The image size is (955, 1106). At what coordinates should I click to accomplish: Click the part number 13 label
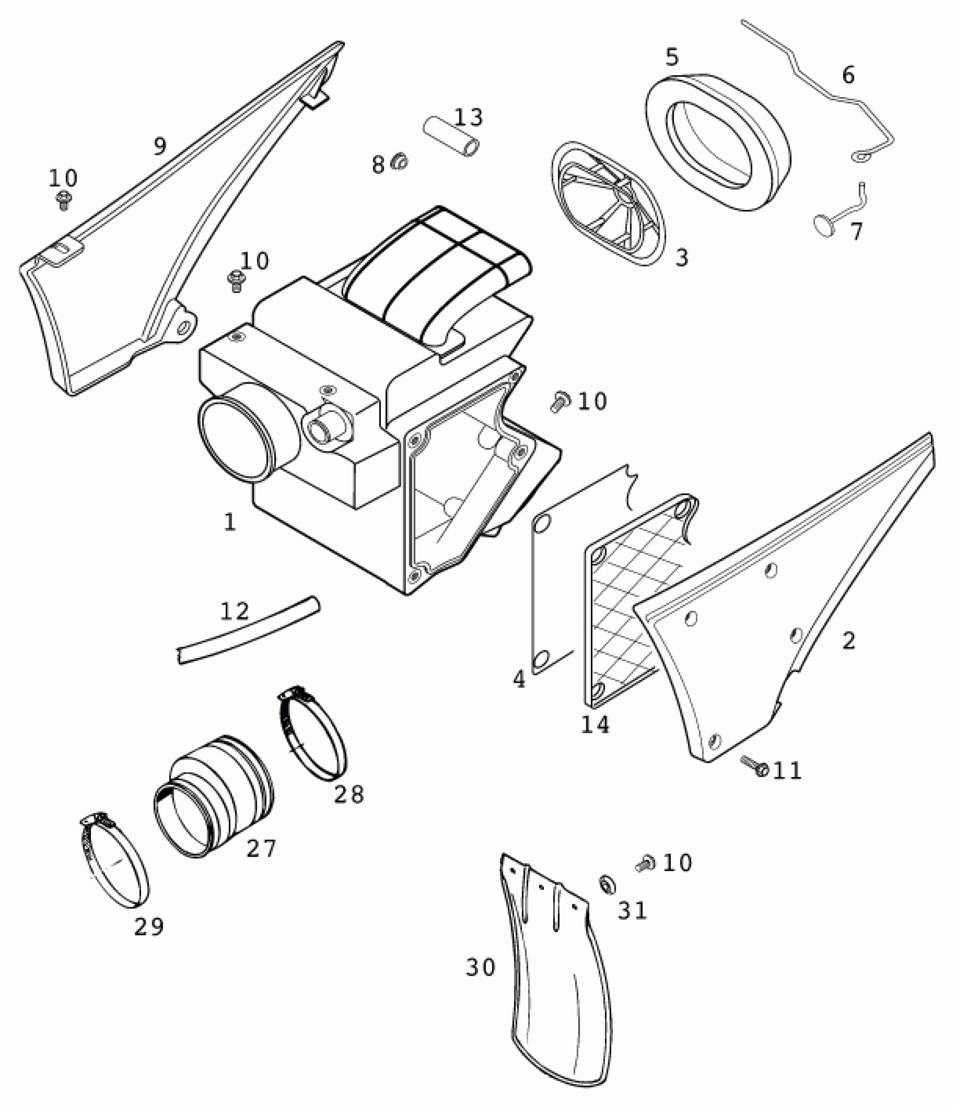469,117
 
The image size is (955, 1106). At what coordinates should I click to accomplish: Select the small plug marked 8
400,162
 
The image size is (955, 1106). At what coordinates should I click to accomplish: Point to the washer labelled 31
607,885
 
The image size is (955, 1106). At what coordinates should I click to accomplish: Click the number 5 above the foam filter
672,57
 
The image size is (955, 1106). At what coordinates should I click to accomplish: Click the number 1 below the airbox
229,522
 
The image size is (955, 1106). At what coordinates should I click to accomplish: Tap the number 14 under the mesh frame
595,725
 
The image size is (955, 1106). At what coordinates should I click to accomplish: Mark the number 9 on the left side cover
160,147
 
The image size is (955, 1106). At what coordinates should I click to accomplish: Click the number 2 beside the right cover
848,641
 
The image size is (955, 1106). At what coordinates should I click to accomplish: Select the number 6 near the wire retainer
848,75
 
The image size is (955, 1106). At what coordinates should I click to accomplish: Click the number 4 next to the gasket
519,680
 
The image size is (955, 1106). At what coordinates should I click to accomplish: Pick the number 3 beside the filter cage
681,258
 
